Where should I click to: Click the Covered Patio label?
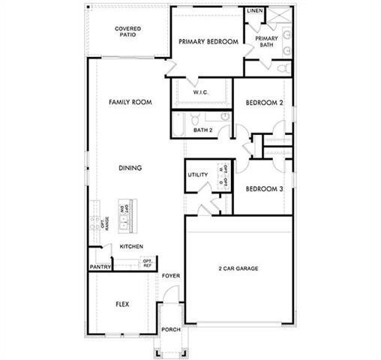coord(128,32)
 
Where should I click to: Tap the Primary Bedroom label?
coord(208,42)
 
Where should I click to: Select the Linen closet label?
coord(255,11)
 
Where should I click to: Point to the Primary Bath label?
coord(266,41)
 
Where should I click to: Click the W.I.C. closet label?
coord(200,92)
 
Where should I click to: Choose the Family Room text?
coord(127,102)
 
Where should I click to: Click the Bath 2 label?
coord(203,130)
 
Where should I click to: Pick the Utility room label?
coord(197,175)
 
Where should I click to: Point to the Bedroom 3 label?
coord(264,189)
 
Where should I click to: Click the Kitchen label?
coord(131,246)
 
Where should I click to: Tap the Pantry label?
coord(100,266)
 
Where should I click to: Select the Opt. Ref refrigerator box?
coord(147,263)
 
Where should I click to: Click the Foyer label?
coord(171,275)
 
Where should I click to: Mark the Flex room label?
coord(123,304)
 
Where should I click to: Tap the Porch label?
coord(170,329)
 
